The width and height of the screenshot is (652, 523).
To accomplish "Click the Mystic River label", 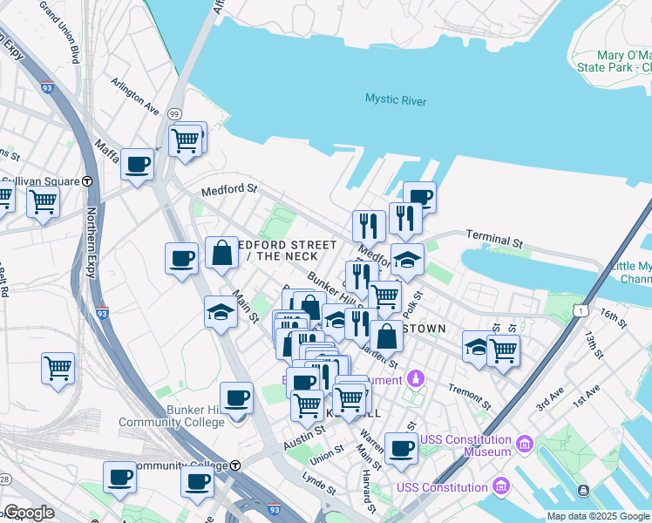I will point(396,100).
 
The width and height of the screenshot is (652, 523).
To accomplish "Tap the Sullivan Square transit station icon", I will point(87,181).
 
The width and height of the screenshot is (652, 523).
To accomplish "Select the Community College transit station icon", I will point(235,465).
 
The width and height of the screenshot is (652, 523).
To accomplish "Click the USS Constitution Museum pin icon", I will point(523,445).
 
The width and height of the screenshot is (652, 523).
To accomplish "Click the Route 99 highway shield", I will point(174,114).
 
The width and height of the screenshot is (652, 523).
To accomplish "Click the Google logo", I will point(29,513).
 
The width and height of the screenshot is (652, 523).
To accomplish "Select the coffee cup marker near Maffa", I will point(137,164).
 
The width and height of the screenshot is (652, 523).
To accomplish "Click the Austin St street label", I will point(304,431).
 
